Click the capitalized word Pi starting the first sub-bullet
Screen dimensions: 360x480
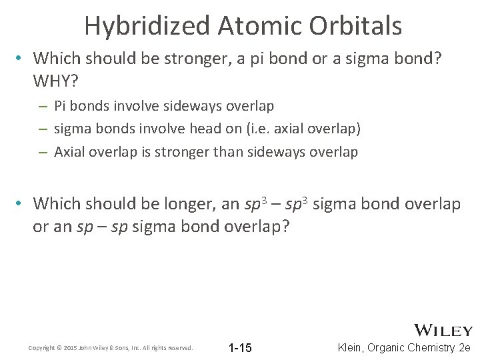click(59, 105)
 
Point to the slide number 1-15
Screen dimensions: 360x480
click(240, 348)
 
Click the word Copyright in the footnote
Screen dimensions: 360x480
click(41, 348)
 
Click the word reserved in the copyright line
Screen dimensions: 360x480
click(179, 348)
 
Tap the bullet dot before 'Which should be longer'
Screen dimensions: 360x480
click(21, 203)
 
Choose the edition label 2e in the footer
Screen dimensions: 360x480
click(465, 348)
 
